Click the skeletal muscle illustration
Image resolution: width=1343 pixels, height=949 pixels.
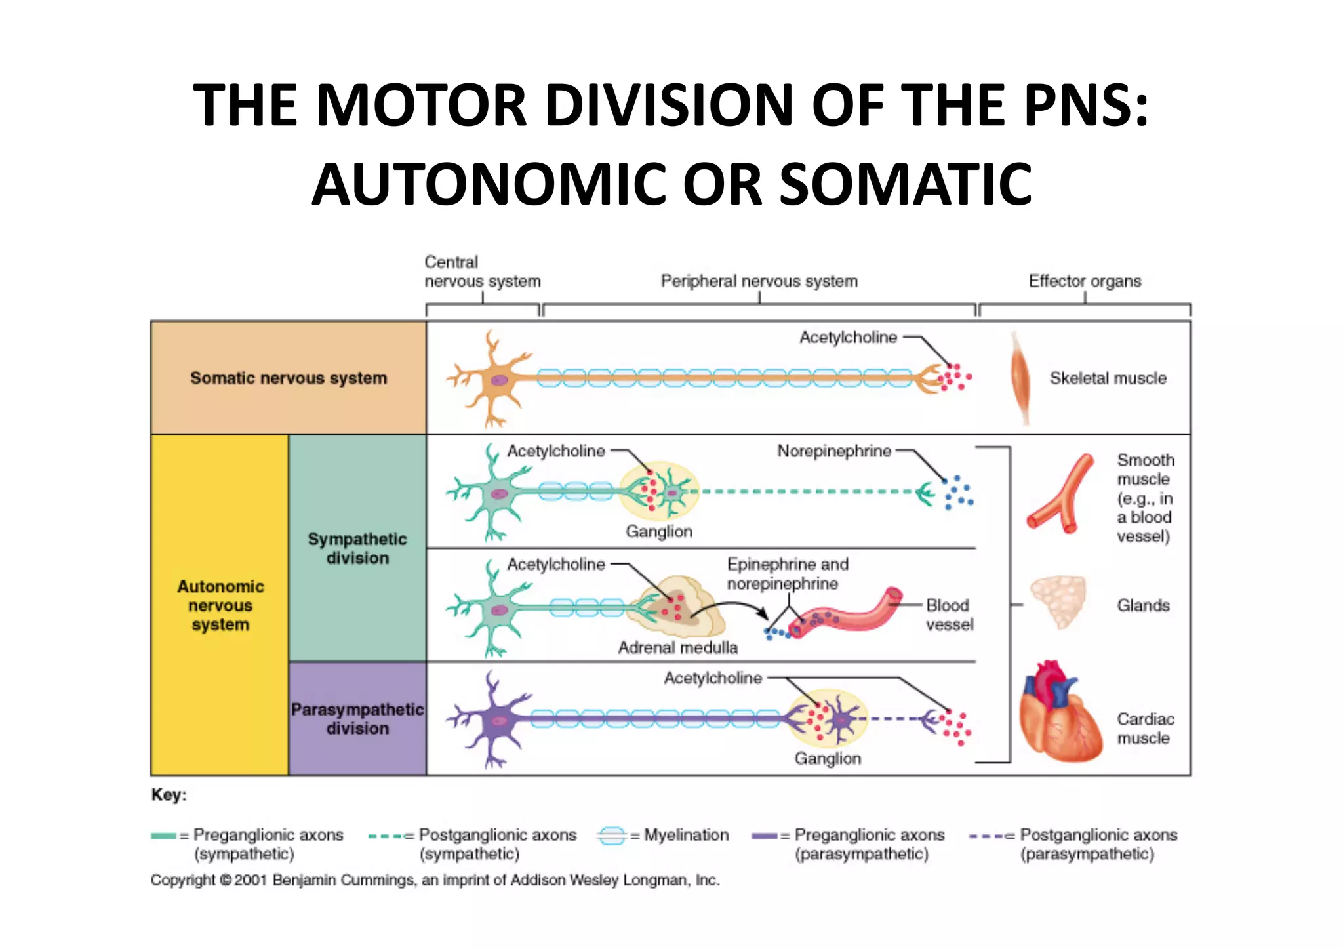tap(1020, 378)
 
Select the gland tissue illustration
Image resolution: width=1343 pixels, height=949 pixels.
tap(1058, 601)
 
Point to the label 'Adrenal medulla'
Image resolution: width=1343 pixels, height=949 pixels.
tap(677, 648)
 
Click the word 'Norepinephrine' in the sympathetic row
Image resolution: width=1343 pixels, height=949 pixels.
tap(834, 451)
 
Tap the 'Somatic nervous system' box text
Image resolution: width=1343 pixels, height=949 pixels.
tap(289, 378)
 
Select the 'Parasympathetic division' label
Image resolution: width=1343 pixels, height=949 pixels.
tap(357, 719)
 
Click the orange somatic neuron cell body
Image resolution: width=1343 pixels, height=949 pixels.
tap(498, 379)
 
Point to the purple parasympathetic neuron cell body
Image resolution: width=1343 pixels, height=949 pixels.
tap(498, 719)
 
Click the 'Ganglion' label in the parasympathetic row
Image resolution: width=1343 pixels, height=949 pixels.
tap(828, 759)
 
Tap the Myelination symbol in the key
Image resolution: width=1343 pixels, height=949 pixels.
tap(611, 836)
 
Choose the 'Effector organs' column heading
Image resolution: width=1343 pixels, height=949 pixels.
tap(1085, 281)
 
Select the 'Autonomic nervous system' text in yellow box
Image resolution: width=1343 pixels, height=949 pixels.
tap(220, 605)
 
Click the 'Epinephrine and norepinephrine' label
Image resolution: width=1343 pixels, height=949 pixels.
tap(787, 574)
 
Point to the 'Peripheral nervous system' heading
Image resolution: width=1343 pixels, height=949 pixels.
tap(759, 281)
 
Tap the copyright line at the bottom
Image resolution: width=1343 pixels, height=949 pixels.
tap(435, 880)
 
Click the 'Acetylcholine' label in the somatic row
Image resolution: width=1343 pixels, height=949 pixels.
tap(848, 338)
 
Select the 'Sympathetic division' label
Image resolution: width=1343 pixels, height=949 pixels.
tap(357, 548)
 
